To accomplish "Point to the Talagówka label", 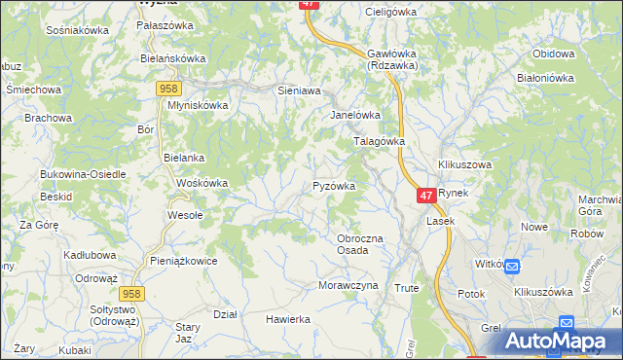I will click(x=378, y=141).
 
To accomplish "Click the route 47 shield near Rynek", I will click(x=426, y=196).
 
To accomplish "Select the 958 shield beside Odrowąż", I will click(x=132, y=292).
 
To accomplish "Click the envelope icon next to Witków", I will click(x=513, y=265).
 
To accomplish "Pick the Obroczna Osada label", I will click(x=359, y=244).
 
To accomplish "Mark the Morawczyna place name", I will click(x=348, y=286).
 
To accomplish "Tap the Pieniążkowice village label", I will click(x=183, y=261).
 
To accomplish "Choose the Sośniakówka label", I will click(x=77, y=30).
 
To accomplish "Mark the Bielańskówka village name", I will click(x=173, y=58).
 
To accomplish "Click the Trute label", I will click(x=406, y=288).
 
